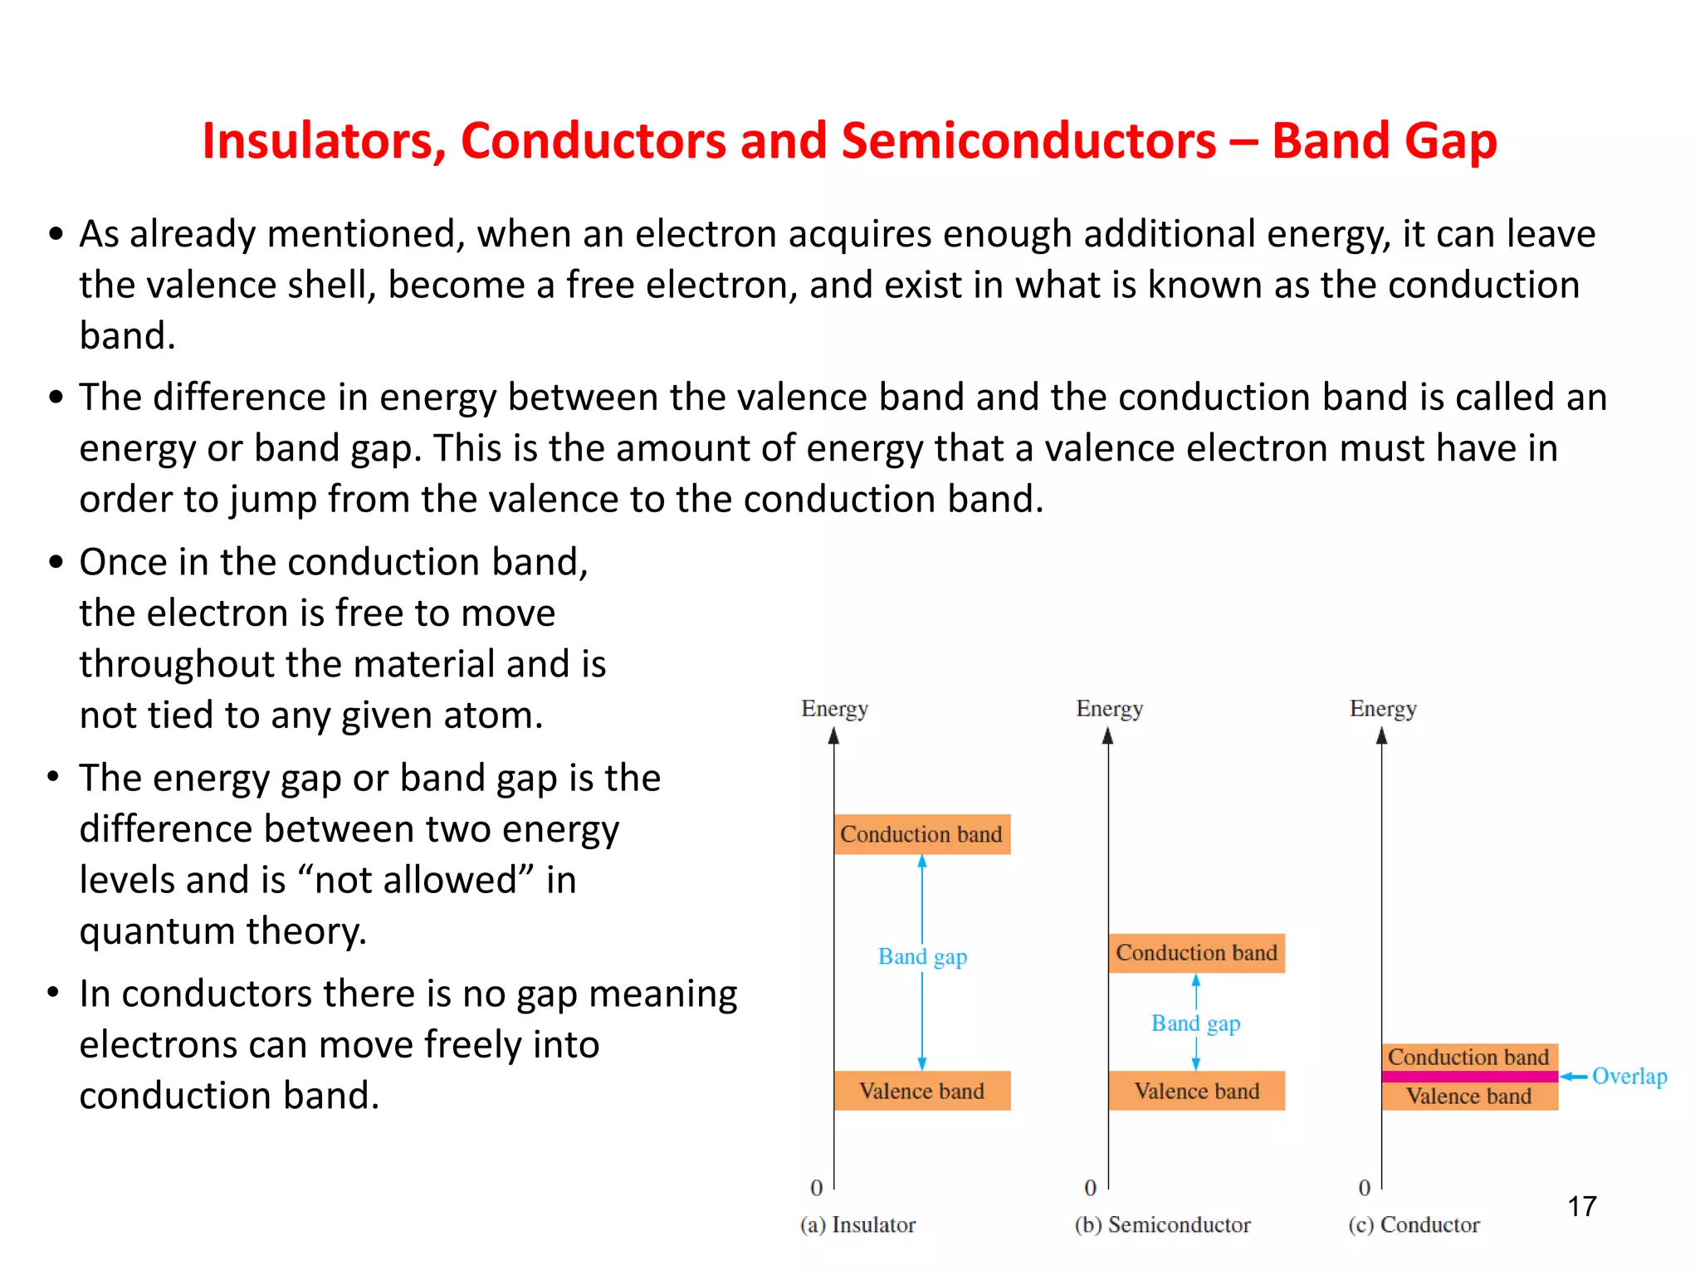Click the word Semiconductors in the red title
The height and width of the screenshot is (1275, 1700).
click(1028, 141)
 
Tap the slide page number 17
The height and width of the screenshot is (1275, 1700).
click(1581, 1206)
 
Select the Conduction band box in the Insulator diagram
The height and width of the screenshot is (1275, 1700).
click(921, 834)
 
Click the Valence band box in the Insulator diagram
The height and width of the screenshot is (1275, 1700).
click(921, 1091)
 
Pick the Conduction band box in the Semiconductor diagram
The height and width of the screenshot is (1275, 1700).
click(1196, 953)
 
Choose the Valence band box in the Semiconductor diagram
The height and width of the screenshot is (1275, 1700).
click(1196, 1091)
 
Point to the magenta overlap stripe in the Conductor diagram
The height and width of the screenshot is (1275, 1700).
click(1469, 1077)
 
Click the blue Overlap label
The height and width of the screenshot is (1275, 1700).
click(1629, 1077)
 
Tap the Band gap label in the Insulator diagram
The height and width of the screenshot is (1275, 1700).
click(922, 957)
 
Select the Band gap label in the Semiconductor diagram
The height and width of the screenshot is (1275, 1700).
click(1195, 1023)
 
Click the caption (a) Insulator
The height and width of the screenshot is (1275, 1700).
click(857, 1225)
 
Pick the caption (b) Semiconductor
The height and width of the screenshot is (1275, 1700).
click(1162, 1225)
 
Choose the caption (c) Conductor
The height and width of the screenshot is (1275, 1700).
click(1414, 1225)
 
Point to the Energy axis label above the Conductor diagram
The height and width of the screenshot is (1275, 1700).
click(1383, 709)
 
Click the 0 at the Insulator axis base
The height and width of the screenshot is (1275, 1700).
click(817, 1188)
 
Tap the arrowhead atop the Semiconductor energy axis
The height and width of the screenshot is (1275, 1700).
click(1107, 736)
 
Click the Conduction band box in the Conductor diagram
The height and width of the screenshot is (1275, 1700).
click(1469, 1057)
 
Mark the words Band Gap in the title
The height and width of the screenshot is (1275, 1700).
click(1385, 141)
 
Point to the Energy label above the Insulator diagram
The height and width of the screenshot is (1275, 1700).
click(834, 709)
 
